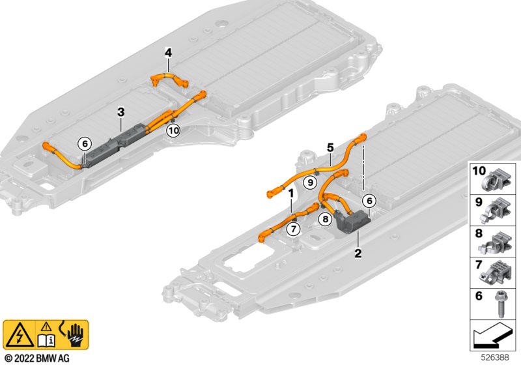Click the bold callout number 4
coord(169,53)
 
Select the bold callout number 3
coord(121,112)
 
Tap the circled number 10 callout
coord(173,130)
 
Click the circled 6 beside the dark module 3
coord(85,144)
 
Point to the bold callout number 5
coord(330,147)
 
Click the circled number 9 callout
coord(311,182)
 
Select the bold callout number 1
coord(291,193)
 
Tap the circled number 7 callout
coord(293,229)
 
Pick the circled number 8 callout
coord(325,219)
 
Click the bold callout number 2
coord(358,254)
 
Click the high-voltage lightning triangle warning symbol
coord(20,335)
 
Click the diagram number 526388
coord(495,357)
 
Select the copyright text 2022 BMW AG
coord(37,358)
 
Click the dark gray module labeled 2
coord(353,222)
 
